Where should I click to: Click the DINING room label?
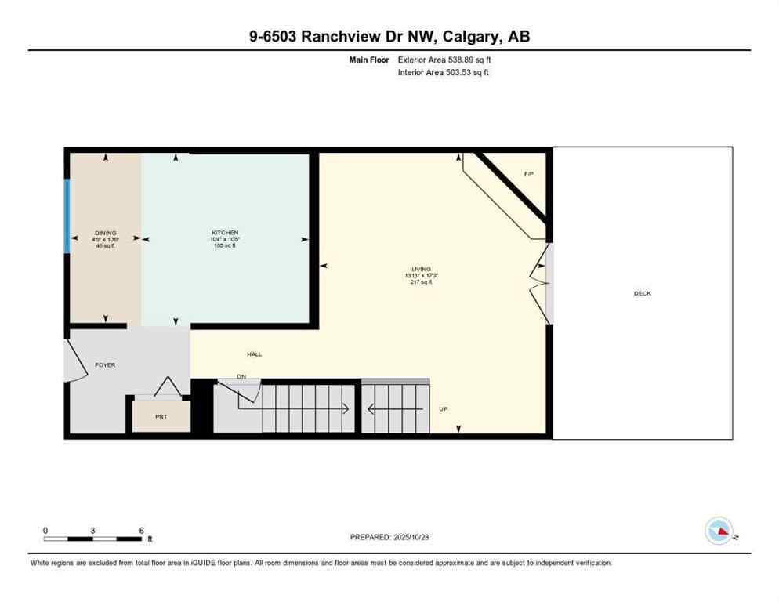106,233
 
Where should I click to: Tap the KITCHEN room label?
225,233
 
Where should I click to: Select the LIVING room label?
422,269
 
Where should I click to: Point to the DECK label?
643,293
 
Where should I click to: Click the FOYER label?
106,365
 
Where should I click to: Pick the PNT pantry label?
161,415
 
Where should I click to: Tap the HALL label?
255,354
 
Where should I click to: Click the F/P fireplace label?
529,173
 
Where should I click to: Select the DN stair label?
242,377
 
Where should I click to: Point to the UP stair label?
444,408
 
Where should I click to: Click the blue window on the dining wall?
67,216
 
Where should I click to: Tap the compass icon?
719,531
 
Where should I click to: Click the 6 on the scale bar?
142,531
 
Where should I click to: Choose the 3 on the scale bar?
93,531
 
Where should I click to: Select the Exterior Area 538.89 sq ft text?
444,60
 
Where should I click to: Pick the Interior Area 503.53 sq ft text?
444,73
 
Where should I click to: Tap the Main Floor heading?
370,60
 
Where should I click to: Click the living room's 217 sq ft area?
422,282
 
